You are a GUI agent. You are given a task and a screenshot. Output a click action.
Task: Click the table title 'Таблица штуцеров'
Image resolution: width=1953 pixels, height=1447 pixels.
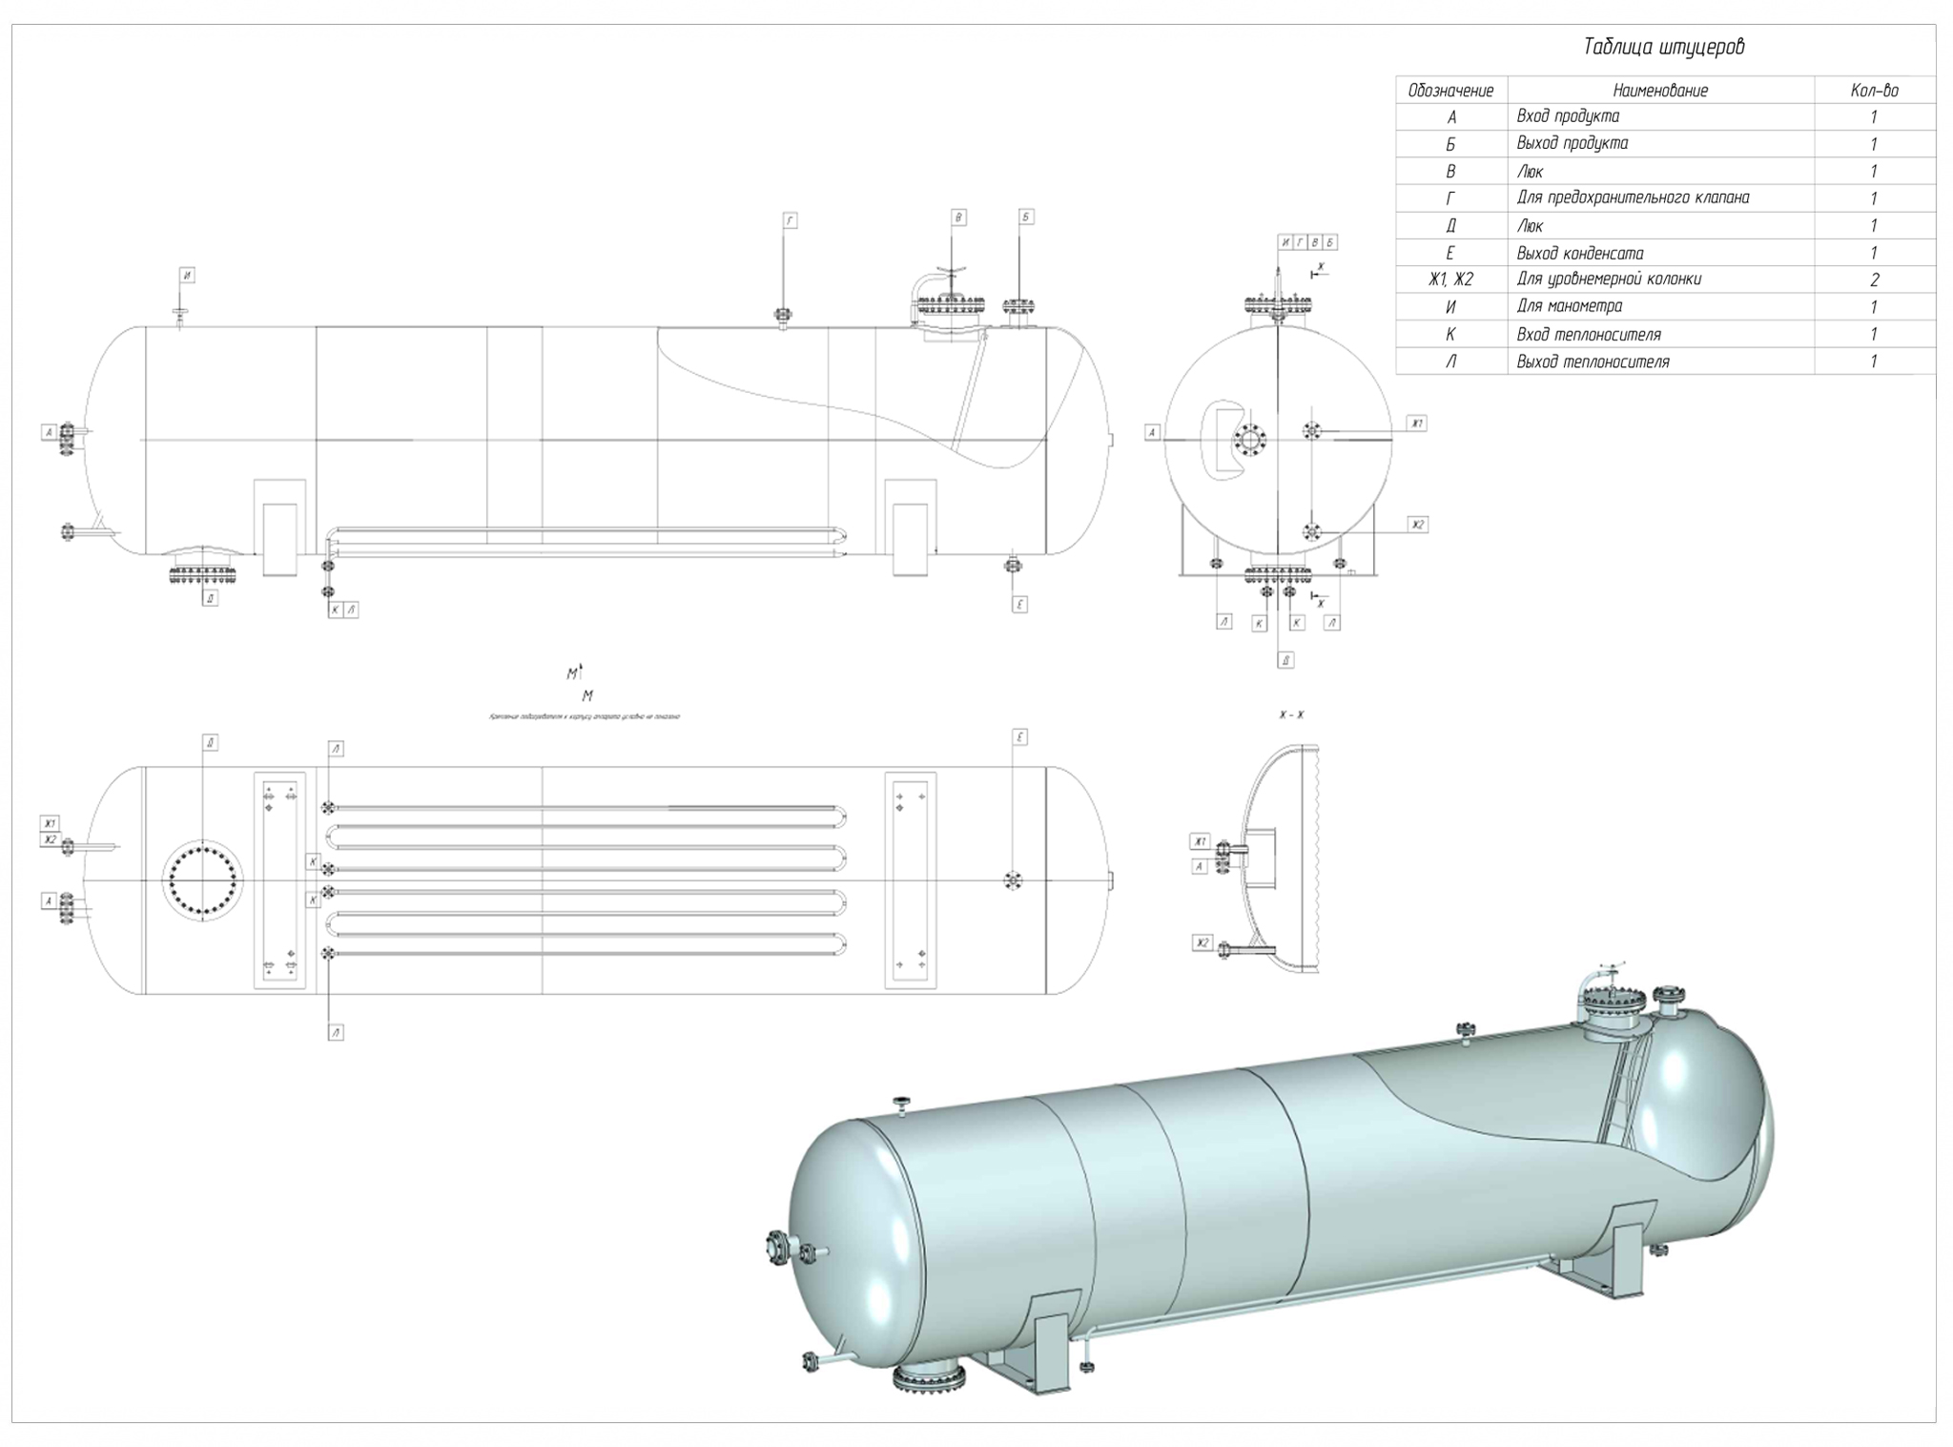(x=1664, y=48)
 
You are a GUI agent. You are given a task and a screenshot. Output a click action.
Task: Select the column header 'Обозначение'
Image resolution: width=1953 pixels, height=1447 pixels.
(x=1450, y=91)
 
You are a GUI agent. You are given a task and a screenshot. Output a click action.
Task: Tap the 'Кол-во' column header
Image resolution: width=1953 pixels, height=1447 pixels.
(x=1874, y=91)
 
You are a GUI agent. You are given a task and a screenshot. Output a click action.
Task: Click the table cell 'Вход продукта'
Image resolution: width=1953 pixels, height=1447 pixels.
(x=1568, y=116)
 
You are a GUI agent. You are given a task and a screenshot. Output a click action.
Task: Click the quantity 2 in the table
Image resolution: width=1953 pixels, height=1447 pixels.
(x=1874, y=280)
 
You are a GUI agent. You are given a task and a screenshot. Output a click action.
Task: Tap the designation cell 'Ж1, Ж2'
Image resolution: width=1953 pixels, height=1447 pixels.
(x=1450, y=279)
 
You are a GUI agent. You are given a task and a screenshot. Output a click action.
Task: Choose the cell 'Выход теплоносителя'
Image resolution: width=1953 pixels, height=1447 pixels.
(x=1593, y=362)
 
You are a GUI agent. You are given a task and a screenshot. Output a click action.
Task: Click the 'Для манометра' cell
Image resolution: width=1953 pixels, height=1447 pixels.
(x=1569, y=307)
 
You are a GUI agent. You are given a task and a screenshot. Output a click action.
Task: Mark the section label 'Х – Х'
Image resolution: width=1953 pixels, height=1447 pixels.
(x=1292, y=714)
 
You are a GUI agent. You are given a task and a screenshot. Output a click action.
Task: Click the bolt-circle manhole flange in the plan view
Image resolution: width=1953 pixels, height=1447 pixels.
(x=202, y=879)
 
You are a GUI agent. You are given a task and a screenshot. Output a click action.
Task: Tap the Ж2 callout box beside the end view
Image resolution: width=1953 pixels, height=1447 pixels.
(x=1418, y=525)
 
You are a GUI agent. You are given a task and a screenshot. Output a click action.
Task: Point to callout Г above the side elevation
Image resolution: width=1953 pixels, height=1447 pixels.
(x=790, y=220)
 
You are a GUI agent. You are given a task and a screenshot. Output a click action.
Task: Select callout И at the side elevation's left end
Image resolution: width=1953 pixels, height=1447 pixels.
(x=188, y=276)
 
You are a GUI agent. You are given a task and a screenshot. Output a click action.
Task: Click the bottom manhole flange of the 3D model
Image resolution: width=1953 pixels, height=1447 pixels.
(x=929, y=1376)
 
